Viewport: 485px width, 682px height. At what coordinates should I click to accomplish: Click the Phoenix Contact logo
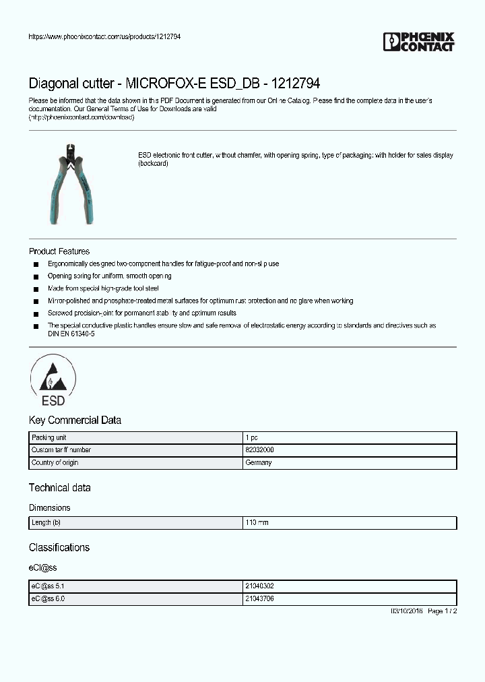[x=419, y=42]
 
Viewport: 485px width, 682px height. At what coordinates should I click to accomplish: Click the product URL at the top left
[x=104, y=36]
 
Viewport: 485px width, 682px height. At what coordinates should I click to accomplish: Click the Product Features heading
[x=59, y=251]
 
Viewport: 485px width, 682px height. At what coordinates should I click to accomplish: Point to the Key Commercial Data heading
[x=75, y=420]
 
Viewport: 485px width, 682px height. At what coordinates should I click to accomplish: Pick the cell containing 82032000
[x=259, y=450]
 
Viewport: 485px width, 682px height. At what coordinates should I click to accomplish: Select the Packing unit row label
[x=49, y=437]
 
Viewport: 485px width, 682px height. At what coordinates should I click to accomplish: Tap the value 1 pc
[x=251, y=437]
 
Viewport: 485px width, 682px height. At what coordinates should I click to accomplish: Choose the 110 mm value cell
[x=257, y=523]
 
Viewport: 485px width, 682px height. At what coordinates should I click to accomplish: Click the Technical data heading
[x=59, y=487]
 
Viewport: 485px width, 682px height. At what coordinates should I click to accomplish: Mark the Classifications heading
[x=59, y=547]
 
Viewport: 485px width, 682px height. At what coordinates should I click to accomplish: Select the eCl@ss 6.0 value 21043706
[x=259, y=598]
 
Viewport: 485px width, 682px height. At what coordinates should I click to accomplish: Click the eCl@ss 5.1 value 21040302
[x=259, y=586]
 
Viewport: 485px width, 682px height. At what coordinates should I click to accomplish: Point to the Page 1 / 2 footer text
[x=443, y=611]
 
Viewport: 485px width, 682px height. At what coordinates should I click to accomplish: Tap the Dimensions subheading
[x=49, y=507]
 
